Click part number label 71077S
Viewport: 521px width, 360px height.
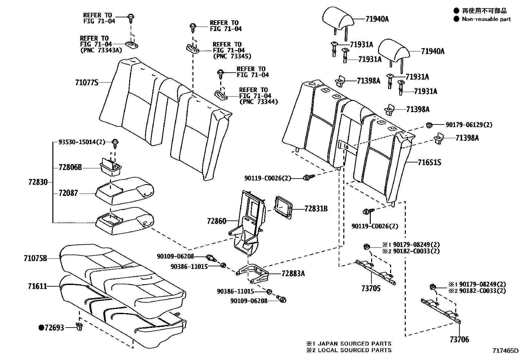click(87, 83)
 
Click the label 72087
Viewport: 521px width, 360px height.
click(68, 193)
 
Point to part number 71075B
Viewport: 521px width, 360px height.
click(35, 258)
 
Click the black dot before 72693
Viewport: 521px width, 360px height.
click(41, 327)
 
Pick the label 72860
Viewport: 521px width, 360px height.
click(216, 221)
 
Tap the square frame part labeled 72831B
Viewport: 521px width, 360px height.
click(283, 207)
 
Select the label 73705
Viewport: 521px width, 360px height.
click(371, 289)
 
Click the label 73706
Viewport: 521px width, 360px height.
click(459, 340)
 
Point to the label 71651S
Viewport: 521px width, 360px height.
click(429, 162)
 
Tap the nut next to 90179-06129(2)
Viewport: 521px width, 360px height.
click(429, 124)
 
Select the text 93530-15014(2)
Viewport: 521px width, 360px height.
click(82, 142)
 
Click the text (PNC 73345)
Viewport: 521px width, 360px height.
click(232, 56)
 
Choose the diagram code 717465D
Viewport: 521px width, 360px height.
click(506, 351)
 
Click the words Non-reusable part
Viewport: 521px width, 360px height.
click(486, 19)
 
